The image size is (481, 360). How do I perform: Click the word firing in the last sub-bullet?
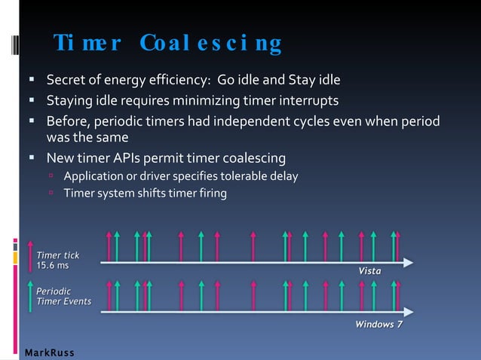pos(210,193)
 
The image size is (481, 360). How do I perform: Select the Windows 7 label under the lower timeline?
pos(378,325)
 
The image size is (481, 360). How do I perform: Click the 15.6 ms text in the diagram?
pos(52,265)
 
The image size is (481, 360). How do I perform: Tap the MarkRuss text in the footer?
pos(49,352)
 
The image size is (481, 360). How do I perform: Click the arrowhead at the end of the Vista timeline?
pos(408,262)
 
